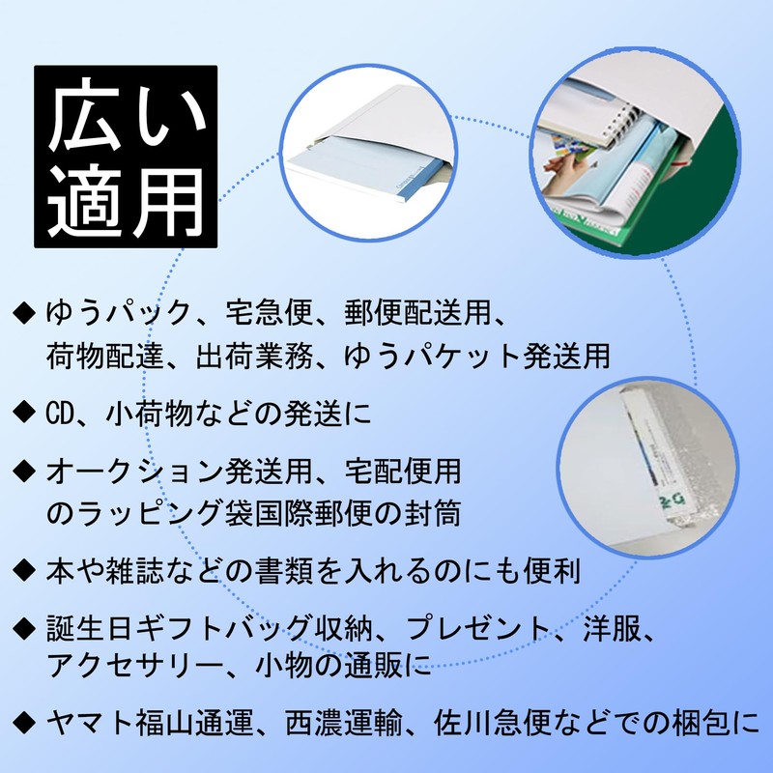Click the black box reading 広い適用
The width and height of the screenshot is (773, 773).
(126, 157)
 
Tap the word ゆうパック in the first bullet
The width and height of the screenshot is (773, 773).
(119, 313)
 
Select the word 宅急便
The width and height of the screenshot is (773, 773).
(270, 313)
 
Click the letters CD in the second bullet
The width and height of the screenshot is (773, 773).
(60, 414)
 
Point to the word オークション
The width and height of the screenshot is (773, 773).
(134, 471)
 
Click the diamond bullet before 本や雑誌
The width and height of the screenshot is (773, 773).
(24, 570)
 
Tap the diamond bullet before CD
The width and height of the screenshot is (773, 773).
(24, 413)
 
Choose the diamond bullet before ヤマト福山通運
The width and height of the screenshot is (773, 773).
(24, 722)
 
